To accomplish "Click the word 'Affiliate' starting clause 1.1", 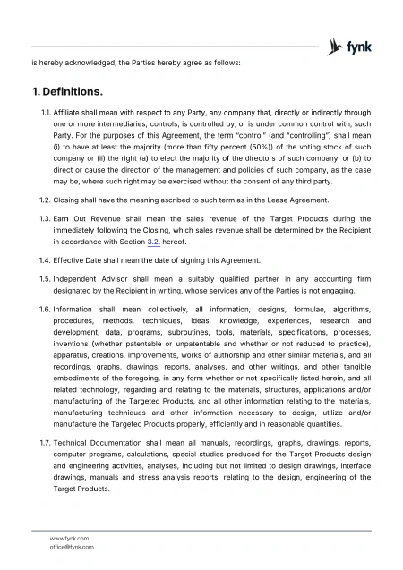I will coord(70,114).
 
